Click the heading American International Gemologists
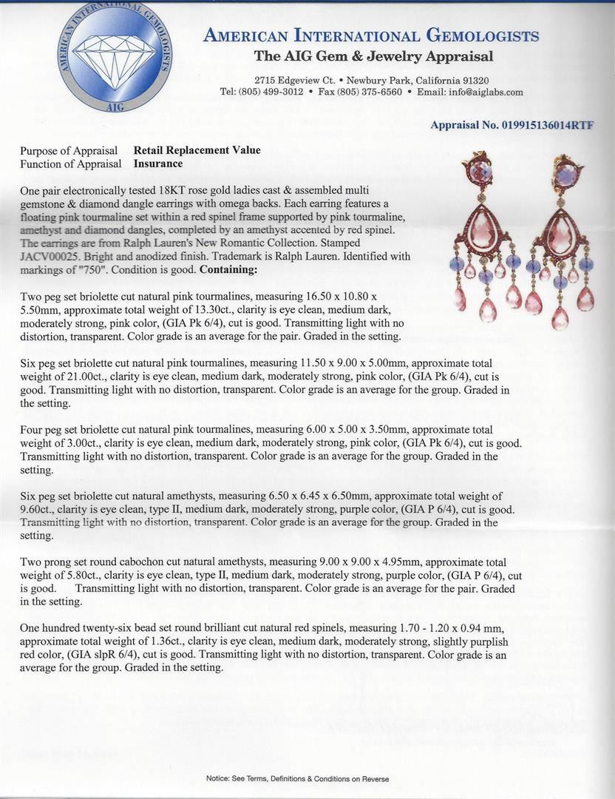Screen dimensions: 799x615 pyautogui.click(x=371, y=36)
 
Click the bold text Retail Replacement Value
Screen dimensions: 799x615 pyautogui.click(x=197, y=150)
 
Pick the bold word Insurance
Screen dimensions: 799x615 pyautogui.click(x=158, y=163)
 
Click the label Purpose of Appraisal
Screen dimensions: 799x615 pyautogui.click(x=71, y=150)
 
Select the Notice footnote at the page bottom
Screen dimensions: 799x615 pyautogui.click(x=297, y=778)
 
